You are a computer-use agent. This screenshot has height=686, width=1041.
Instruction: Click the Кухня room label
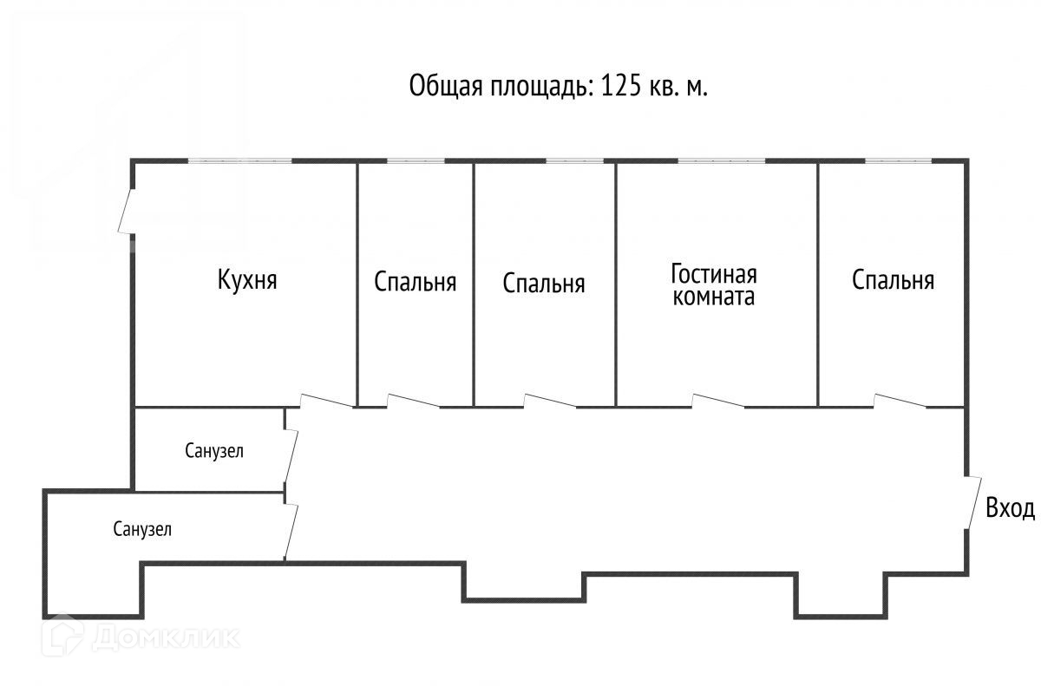tap(247, 280)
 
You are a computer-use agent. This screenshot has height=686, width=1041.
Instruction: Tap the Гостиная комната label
tap(713, 285)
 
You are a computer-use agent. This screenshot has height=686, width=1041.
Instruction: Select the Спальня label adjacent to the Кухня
tap(416, 282)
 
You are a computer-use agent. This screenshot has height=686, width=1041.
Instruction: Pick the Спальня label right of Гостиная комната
tap(893, 280)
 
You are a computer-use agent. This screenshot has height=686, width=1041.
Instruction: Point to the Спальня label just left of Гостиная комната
tap(544, 284)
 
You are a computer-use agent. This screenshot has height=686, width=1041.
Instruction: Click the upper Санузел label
tap(214, 451)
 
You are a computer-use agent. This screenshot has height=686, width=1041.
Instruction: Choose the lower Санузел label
tap(142, 529)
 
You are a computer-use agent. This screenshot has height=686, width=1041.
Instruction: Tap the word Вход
tap(1010, 508)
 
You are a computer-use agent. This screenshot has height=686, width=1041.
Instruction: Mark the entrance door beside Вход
tap(973, 501)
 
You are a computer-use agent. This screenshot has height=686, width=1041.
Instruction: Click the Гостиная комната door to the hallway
tap(717, 401)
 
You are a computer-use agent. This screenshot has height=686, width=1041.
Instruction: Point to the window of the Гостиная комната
tap(721, 160)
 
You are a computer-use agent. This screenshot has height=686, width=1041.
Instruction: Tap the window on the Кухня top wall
tap(240, 160)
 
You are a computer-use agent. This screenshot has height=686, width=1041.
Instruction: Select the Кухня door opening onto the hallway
tap(327, 401)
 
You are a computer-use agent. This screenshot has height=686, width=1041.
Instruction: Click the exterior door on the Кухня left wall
tap(127, 210)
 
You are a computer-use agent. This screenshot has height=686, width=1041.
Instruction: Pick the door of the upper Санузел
tap(291, 454)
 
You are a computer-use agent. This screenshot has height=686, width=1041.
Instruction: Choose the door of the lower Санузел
tap(291, 531)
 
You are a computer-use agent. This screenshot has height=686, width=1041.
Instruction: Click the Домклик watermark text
tap(165, 637)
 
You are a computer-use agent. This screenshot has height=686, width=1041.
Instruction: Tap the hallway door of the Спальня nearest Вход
tap(900, 401)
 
